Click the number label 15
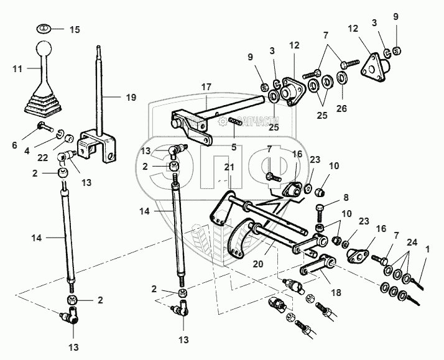click(x=75, y=29)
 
